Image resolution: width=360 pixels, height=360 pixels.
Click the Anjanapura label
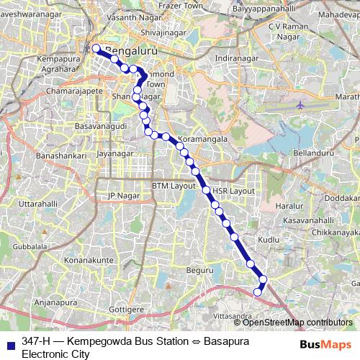[x=55, y=302]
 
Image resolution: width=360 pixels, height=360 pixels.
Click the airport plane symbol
[x=300, y=104]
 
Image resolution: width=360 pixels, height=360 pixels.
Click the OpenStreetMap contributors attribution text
[x=298, y=322]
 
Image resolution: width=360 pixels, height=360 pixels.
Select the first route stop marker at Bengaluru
[x=96, y=49]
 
